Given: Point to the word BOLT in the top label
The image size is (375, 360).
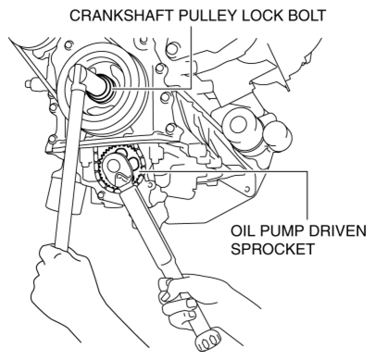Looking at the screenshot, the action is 306,16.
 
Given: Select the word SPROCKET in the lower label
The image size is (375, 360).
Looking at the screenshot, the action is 272,249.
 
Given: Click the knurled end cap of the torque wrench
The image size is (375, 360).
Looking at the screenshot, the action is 209,340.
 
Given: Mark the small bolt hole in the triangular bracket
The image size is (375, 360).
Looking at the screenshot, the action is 247,189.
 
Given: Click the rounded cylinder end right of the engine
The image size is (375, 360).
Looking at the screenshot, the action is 277,134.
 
